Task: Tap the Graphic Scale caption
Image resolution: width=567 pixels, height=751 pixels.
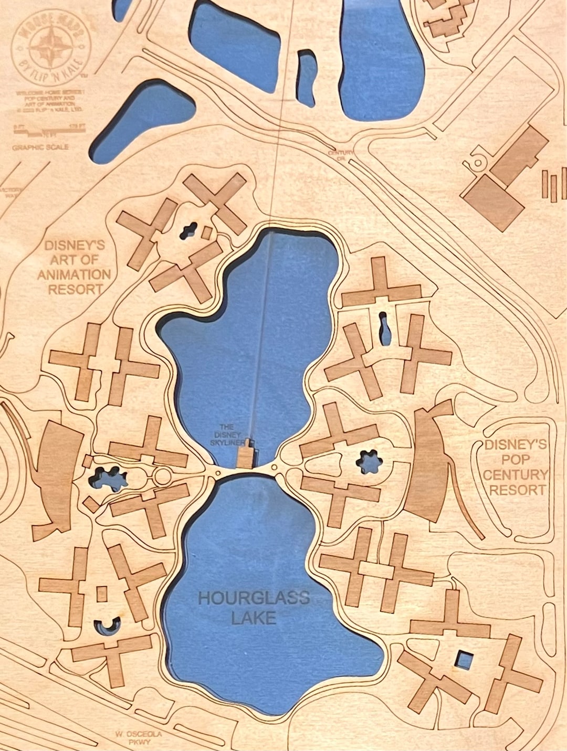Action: tap(40, 147)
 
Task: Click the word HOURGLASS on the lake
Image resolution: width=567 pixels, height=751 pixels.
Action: tap(254, 598)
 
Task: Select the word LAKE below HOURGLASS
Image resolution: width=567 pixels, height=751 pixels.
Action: tap(254, 618)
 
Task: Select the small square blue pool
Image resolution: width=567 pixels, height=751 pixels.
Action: tap(463, 659)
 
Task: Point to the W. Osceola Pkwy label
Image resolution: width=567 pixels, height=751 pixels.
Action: tap(132, 738)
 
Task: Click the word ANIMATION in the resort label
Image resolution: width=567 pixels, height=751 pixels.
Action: tap(74, 274)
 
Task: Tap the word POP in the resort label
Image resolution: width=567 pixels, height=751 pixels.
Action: tap(514, 460)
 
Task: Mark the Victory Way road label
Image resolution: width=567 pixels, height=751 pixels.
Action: tap(10, 192)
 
